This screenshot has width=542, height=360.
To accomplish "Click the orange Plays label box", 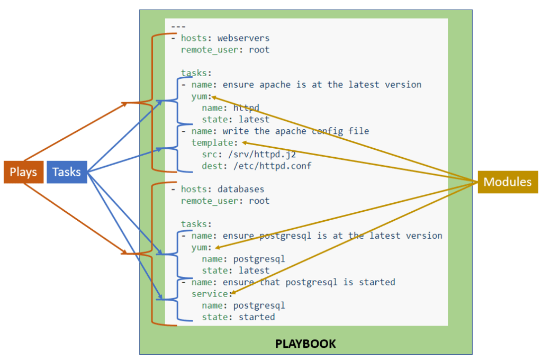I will point(23,172).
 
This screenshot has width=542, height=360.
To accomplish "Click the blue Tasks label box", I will point(67,172).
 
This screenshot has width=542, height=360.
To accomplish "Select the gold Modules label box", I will point(508,182).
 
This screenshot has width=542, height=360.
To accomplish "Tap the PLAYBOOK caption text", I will point(305,344).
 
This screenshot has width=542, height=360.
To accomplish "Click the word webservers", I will point(243,38).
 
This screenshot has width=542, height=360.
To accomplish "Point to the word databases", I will point(241,189).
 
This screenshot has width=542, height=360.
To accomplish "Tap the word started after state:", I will point(256,317).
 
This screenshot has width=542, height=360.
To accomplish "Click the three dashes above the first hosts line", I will point(178,26).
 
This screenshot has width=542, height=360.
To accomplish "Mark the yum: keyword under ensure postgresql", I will point(201,247).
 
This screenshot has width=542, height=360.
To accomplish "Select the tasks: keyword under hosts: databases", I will point(196,224).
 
